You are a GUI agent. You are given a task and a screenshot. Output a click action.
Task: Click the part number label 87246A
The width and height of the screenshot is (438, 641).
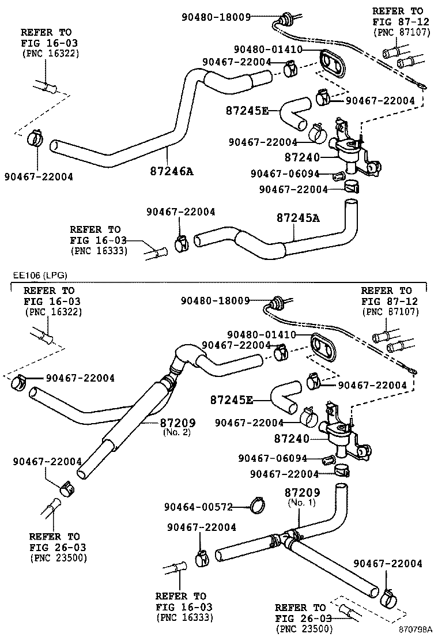coord(171,171)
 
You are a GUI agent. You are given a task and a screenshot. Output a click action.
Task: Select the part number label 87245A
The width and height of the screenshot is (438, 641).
coord(297,218)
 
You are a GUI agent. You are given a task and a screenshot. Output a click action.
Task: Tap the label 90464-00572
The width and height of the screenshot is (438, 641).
coord(198,507)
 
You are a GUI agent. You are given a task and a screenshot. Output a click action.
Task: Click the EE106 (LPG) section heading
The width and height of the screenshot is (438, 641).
coord(36,276)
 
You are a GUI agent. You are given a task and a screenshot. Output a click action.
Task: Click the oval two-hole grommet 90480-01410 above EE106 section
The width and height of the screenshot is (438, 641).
coord(331,62)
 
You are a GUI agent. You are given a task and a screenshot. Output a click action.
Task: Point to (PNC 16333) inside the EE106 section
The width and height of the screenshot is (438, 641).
coord(184,617)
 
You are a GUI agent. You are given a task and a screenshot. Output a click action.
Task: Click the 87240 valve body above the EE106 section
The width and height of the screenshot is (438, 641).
coord(349,151)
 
